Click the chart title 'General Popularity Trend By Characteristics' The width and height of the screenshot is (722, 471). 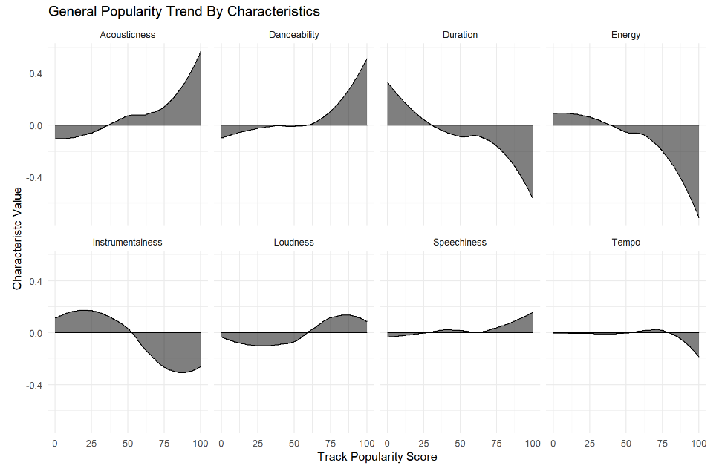(184, 12)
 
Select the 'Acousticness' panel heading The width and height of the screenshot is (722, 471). (127, 35)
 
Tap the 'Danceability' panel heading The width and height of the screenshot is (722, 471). (293, 35)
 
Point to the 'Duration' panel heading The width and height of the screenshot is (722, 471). (460, 35)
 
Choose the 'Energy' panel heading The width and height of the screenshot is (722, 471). (626, 35)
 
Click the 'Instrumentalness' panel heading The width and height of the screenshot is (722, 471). (127, 243)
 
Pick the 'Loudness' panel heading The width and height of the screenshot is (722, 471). (293, 243)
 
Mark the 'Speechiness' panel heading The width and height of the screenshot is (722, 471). (460, 243)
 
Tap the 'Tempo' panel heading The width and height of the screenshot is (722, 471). (626, 243)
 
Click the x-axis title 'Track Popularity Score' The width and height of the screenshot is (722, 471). (377, 457)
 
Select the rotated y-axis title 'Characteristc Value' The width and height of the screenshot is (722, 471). (17, 237)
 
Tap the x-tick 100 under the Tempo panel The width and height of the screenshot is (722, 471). (698, 443)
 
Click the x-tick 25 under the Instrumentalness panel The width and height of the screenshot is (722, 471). (91, 443)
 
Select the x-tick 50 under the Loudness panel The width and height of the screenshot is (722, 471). (293, 443)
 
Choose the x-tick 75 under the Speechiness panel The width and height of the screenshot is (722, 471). (496, 443)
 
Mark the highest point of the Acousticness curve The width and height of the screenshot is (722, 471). (201, 51)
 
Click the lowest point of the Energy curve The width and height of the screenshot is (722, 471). (699, 217)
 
